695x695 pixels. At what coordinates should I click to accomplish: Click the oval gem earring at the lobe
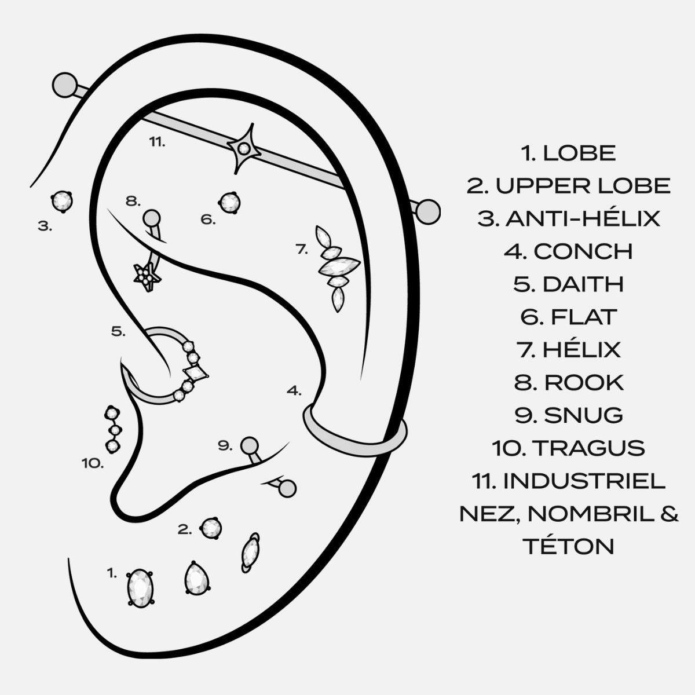[x=140, y=587]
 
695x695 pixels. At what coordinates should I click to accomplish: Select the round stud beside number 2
[x=210, y=527]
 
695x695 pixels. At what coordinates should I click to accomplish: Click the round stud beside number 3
[x=61, y=201]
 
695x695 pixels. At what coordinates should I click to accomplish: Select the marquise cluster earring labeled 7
[x=335, y=266]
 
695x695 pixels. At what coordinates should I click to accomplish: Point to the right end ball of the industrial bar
[x=429, y=210]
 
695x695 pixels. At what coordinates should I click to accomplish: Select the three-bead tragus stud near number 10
[x=112, y=429]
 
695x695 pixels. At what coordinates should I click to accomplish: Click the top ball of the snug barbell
[x=249, y=445]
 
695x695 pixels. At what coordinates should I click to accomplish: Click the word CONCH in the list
[x=583, y=251]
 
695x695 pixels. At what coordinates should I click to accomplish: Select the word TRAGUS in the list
[x=588, y=448]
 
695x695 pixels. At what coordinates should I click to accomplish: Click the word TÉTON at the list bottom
[x=569, y=546]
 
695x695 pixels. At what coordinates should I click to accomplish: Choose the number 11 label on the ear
[x=157, y=141]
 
